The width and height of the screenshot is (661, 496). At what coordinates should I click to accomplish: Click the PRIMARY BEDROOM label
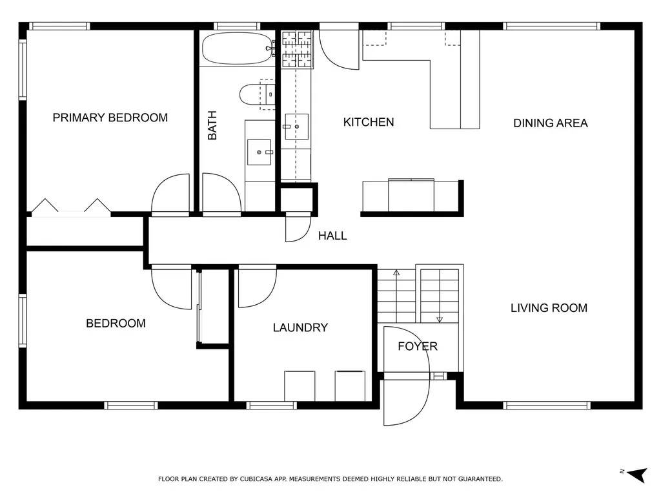tap(110, 118)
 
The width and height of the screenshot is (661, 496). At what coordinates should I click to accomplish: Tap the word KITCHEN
tap(369, 122)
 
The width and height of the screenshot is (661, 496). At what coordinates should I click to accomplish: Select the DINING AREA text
tap(550, 123)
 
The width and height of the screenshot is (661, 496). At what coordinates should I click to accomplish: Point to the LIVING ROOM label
tap(549, 308)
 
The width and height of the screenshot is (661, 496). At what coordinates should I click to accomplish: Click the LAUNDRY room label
tap(300, 327)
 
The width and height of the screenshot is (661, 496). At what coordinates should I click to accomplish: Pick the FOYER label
tap(418, 346)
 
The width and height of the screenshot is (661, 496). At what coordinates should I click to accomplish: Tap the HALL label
tap(332, 236)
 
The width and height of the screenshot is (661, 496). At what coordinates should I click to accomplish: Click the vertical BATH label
tap(212, 125)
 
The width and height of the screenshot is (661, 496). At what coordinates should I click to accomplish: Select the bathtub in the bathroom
tap(238, 48)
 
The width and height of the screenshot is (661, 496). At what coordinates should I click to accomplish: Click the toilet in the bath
tap(257, 94)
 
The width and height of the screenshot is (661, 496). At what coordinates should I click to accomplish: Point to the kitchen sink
tap(297, 127)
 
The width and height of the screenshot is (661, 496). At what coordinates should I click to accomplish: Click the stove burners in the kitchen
tap(297, 49)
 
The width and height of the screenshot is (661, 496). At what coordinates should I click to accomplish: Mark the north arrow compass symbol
tap(637, 474)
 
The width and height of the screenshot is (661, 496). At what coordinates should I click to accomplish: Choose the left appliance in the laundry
tap(300, 386)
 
